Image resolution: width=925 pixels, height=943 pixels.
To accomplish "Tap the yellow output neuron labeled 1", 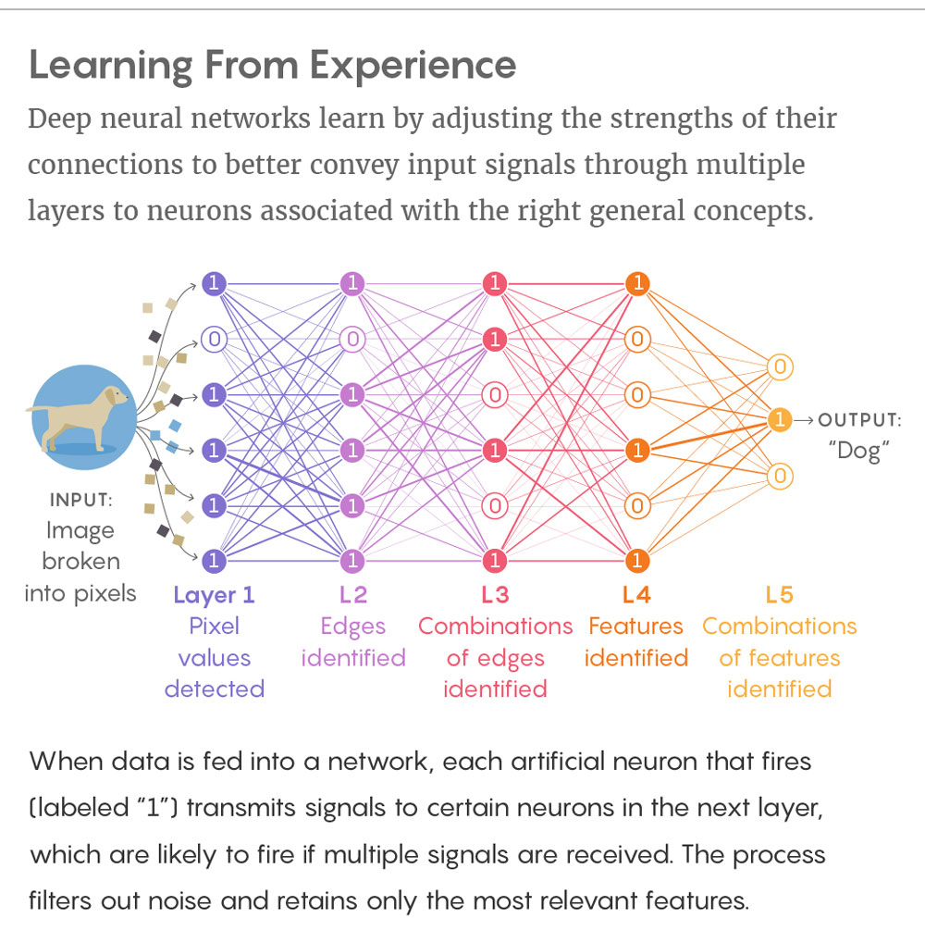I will (780, 420).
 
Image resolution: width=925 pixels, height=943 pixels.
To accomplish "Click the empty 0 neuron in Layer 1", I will (214, 340).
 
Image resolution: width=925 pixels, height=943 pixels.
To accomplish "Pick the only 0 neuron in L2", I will (351, 340).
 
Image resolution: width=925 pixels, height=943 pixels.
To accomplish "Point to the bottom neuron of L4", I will (635, 560).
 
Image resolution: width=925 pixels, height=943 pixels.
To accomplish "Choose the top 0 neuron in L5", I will (780, 367).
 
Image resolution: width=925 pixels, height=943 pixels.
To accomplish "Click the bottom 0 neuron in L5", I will (780, 476).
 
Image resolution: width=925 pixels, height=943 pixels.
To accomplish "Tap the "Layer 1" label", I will (214, 594).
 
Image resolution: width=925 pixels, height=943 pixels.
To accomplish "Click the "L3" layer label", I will (495, 594).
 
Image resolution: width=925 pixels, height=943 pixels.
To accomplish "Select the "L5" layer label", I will (779, 594).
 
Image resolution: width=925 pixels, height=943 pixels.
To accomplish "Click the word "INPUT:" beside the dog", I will (80, 500).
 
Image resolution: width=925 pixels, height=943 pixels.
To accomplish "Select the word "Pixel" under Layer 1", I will (214, 627).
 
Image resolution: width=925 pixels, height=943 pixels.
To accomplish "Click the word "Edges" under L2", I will (352, 627).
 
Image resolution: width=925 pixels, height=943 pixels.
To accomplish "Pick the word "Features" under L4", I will (635, 627).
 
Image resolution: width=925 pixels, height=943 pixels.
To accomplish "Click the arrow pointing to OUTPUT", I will (803, 421).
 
